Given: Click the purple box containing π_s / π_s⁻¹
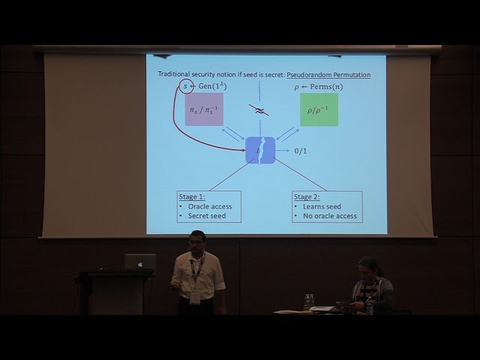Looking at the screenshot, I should [x=204, y=109].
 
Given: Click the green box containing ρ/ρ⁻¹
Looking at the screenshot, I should [x=319, y=109].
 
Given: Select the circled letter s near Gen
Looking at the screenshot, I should [x=187, y=88].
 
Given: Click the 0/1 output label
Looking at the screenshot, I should [x=301, y=151].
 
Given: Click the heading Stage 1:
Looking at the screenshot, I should [x=193, y=197].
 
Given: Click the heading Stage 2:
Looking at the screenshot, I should [x=308, y=197].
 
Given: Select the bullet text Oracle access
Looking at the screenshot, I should [x=209, y=207].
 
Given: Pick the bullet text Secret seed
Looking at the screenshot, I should [x=206, y=217].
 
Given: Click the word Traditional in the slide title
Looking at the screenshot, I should [x=177, y=75].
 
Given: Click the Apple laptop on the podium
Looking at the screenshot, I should [x=139, y=262].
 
